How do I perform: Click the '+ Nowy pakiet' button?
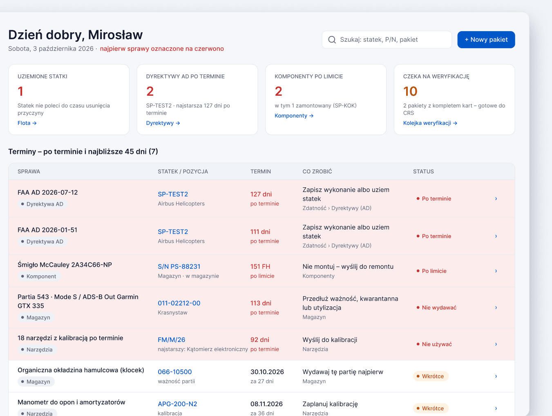pos(486,40)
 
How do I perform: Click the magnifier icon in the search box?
pos(332,40)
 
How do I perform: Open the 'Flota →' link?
pos(27,123)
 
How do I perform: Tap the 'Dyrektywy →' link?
pos(163,123)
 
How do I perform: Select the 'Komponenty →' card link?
pos(294,116)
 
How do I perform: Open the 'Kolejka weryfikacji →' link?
pos(430,123)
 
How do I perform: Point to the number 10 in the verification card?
pos(410,91)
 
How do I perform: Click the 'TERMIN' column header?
pos(261,171)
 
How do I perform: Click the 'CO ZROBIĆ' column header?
pos(317,171)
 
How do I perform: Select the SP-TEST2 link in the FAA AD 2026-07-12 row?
pos(173,194)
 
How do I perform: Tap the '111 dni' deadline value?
pos(260,232)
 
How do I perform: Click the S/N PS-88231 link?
pos(179,267)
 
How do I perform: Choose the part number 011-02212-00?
pos(179,303)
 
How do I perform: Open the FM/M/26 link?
pos(171,340)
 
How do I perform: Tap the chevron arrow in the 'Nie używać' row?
pos(496,344)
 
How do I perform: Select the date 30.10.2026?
pos(267,372)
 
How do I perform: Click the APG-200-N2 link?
pos(177,404)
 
